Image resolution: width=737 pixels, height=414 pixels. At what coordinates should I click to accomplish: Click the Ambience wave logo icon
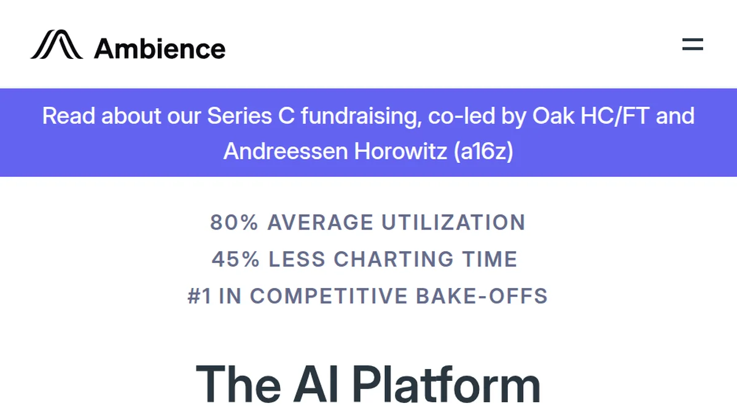pos(57,45)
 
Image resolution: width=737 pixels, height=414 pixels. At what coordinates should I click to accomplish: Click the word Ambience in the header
pos(160,48)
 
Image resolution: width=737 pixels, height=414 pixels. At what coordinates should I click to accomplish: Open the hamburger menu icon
pos(692,44)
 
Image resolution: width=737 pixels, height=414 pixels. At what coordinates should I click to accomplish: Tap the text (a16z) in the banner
pos(483,151)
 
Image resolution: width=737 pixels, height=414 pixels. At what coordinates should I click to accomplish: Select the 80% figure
pos(234,222)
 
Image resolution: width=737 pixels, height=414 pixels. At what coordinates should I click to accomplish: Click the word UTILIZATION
pos(453,222)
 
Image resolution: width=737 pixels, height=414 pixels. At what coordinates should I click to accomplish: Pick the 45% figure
pos(236,259)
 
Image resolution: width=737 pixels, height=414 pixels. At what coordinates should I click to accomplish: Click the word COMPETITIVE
pos(329,296)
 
